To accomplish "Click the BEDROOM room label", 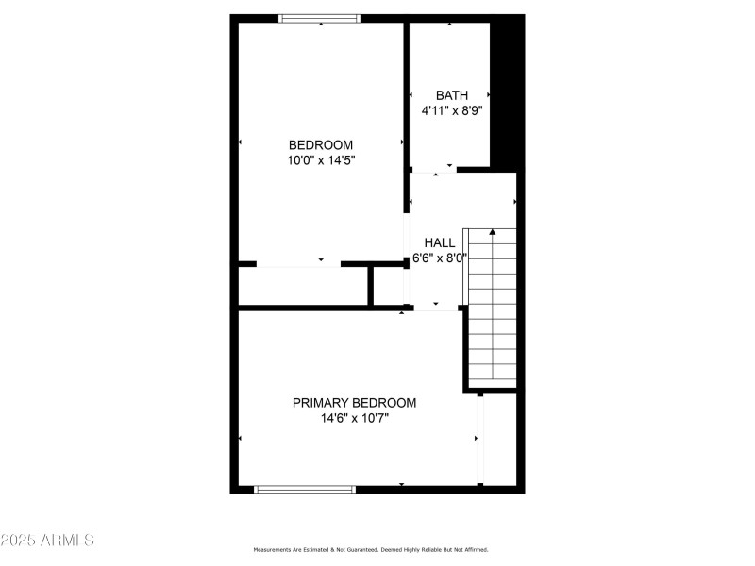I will point(321,144).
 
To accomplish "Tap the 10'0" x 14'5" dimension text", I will point(321,160).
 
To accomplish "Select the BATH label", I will point(451,95).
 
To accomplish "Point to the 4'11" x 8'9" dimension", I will point(452,110).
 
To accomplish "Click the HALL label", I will point(439,242).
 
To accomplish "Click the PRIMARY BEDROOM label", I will point(354,402).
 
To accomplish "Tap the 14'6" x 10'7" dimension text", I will point(354,418).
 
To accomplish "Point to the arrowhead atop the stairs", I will point(492,232).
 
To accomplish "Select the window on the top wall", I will point(320,18).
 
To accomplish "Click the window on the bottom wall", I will point(305,490).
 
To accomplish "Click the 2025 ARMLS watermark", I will point(47,541).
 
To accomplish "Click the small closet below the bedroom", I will point(302,286).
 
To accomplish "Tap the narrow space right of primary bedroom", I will point(500,439).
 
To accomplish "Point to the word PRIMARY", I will point(322,402).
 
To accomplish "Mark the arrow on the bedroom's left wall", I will point(240,141).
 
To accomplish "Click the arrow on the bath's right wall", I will point(488,94).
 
